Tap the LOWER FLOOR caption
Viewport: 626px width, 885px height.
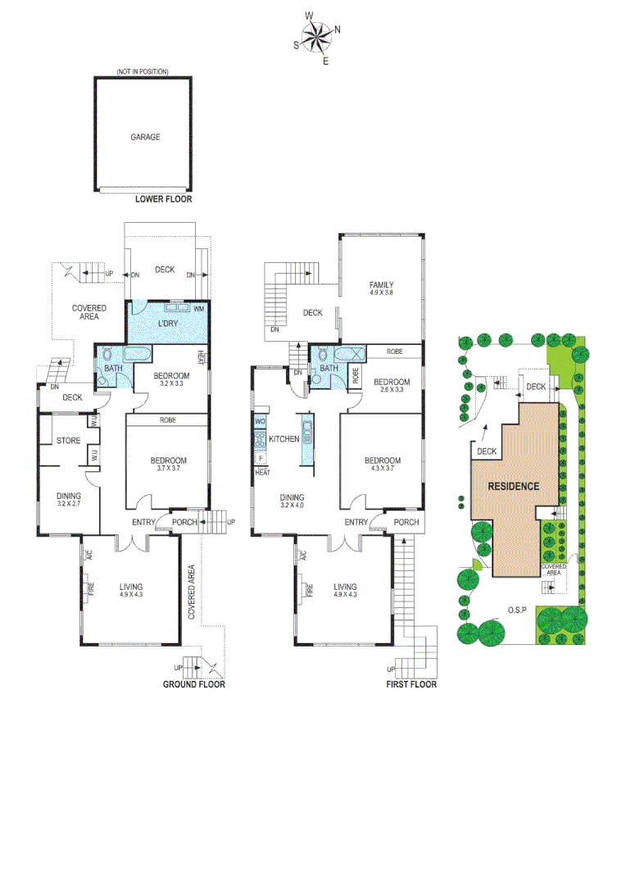click(164, 199)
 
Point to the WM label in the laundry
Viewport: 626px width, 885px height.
click(199, 309)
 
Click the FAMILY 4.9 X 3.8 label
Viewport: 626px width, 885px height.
click(382, 288)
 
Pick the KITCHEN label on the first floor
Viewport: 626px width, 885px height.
click(284, 440)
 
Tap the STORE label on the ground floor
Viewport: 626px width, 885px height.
click(68, 441)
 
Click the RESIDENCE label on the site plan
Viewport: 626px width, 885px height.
click(514, 486)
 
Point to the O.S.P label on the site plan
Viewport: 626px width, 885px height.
click(515, 610)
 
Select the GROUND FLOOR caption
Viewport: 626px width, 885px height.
click(193, 684)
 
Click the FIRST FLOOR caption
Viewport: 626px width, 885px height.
click(411, 684)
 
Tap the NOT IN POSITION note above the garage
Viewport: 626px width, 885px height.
click(143, 72)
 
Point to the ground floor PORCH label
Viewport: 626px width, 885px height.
click(184, 522)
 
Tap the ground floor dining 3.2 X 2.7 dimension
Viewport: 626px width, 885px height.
click(68, 505)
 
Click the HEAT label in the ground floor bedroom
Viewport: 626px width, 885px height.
click(200, 358)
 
